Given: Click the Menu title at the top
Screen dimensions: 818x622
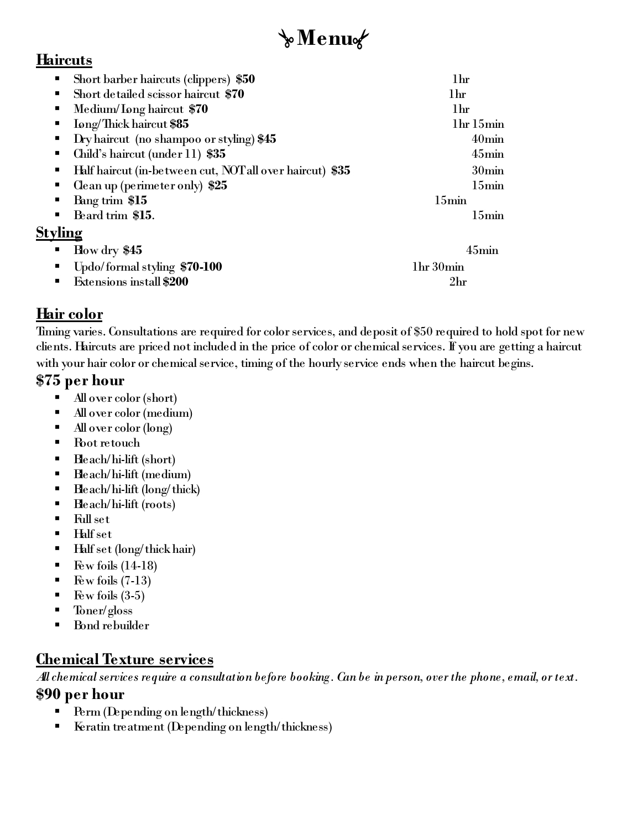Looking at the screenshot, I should click(324, 38).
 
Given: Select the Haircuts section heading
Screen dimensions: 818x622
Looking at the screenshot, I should click(64, 60).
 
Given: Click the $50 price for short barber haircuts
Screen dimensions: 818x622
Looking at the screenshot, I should click(245, 79).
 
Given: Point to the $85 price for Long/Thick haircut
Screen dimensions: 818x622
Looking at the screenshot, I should click(179, 124).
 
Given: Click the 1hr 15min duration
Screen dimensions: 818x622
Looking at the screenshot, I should click(478, 124).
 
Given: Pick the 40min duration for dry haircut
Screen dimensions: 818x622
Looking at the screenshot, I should click(488, 139).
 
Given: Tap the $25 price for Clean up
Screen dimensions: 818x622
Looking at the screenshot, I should click(218, 185).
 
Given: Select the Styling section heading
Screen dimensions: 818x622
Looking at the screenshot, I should click(59, 232).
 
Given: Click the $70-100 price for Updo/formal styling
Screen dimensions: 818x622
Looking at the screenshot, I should click(201, 267).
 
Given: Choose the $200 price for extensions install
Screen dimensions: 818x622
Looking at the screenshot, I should click(176, 282).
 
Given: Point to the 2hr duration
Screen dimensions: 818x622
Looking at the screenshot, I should click(458, 282).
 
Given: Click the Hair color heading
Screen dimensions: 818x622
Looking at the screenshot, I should click(70, 314).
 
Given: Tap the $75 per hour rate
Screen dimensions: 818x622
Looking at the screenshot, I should click(80, 380).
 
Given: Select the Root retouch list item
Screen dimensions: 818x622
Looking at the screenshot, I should click(107, 443).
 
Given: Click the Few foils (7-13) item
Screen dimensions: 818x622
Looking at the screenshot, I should click(112, 581).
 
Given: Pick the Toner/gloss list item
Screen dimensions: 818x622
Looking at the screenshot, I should click(103, 610).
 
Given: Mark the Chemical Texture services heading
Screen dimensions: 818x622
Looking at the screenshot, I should click(124, 659).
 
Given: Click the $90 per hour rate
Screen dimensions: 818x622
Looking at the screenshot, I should click(80, 694).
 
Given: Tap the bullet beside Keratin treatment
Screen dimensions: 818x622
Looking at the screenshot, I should click(58, 727).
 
